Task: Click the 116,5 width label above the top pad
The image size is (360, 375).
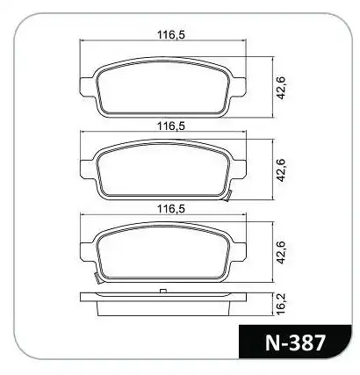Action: (x=171, y=35)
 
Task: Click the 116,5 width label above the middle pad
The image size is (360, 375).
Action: (x=171, y=126)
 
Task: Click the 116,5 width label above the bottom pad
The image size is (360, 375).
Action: (x=171, y=209)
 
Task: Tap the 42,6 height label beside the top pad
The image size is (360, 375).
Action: (x=281, y=87)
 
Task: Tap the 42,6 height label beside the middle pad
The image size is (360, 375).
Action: (x=281, y=169)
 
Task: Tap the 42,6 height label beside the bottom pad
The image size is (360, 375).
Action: (x=281, y=252)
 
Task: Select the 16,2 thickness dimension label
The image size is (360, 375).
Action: (x=280, y=305)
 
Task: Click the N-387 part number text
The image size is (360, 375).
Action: (x=295, y=343)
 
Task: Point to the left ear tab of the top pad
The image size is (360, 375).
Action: (x=87, y=86)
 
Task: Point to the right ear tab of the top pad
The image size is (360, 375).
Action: (x=239, y=86)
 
